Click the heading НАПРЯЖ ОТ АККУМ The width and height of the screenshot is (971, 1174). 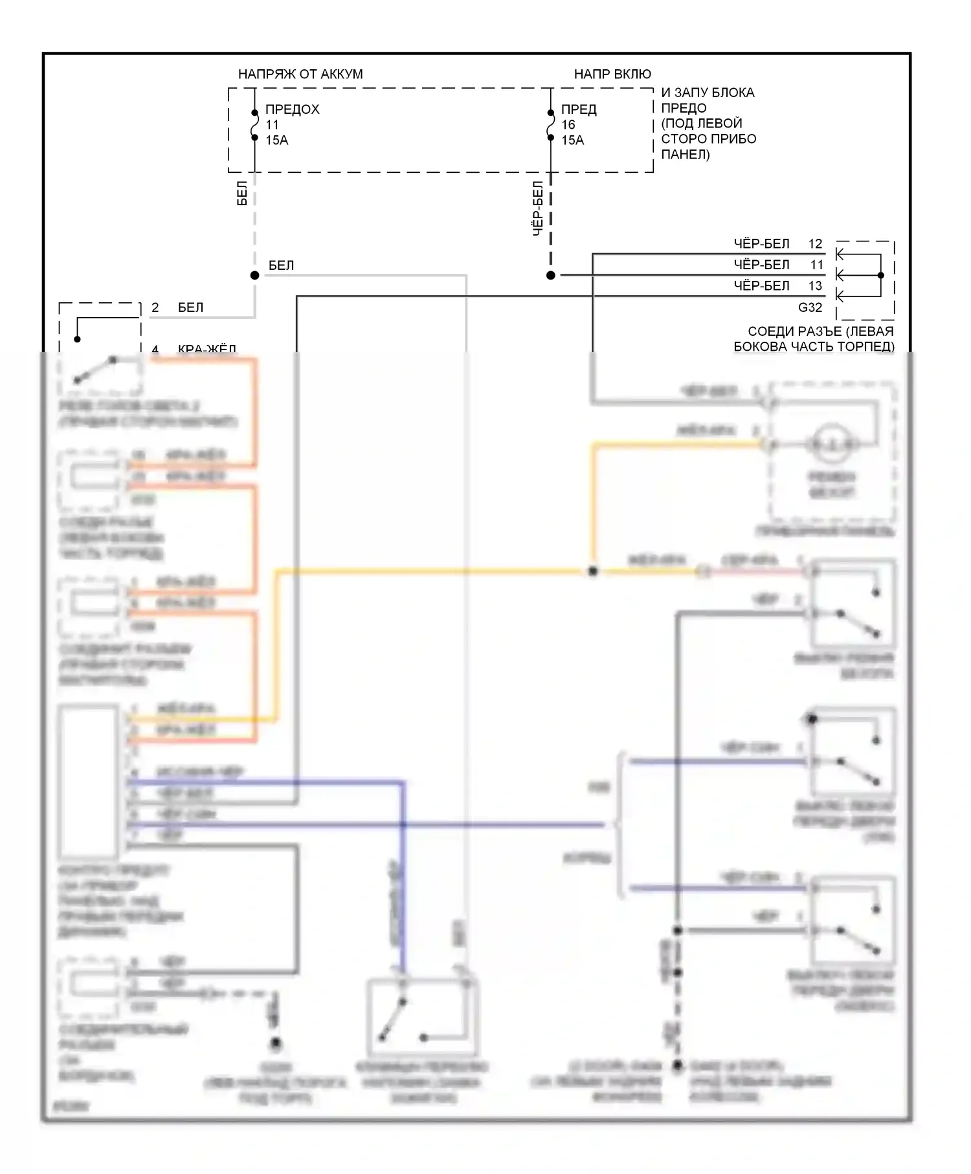300,74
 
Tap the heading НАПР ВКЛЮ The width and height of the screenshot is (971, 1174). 612,74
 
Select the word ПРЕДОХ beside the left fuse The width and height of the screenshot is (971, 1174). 292,109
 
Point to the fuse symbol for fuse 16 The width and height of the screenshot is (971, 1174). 551,125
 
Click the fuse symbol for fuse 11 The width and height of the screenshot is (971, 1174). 255,125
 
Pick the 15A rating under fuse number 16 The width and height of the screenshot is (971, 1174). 572,140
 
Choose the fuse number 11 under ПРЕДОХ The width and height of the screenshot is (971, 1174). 272,125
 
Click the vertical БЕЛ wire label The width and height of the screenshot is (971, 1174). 242,194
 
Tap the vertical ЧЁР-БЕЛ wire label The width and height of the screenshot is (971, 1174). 537,208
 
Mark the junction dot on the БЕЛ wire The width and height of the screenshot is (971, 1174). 255,276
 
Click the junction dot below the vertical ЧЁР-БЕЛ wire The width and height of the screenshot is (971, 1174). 551,276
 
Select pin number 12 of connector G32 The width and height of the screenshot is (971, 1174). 815,244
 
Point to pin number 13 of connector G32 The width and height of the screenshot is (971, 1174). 815,285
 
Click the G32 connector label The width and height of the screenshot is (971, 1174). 810,307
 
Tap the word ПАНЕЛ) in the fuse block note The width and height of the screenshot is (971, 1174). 685,155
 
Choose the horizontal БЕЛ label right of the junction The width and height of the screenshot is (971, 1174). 281,265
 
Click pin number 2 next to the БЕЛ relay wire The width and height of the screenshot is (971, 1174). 155,307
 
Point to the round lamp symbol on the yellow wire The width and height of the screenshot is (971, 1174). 832,444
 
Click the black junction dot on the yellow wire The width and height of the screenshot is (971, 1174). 592,571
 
